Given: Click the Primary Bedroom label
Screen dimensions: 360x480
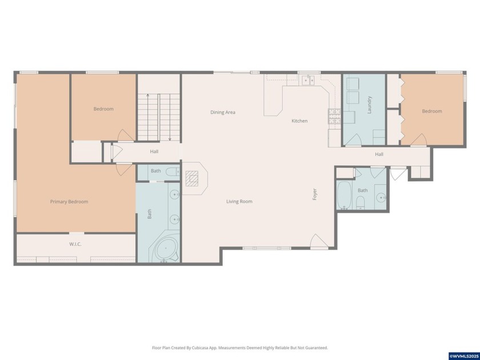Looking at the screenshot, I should pyautogui.click(x=69, y=202).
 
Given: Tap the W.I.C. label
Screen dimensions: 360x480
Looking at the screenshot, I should pyautogui.click(x=76, y=245).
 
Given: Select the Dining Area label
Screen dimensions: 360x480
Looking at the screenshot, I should pyautogui.click(x=222, y=113).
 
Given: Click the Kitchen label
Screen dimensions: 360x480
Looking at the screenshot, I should pyautogui.click(x=299, y=121).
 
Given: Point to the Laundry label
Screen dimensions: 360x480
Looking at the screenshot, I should pyautogui.click(x=370, y=105).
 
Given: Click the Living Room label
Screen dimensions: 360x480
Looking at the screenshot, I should pyautogui.click(x=239, y=202).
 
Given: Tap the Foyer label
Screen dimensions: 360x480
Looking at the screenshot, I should pyautogui.click(x=314, y=194).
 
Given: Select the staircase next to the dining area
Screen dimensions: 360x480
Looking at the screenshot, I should pyautogui.click(x=159, y=117).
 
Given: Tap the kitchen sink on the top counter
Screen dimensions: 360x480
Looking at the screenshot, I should pyautogui.click(x=308, y=81).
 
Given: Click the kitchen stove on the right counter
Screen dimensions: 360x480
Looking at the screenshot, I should pyautogui.click(x=334, y=117).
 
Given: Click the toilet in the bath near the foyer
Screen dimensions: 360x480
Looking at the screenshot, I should pyautogui.click(x=361, y=202).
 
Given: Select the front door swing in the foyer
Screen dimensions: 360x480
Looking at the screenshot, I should pyautogui.click(x=319, y=242).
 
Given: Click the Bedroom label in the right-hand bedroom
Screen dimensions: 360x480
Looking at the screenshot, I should pyautogui.click(x=431, y=111).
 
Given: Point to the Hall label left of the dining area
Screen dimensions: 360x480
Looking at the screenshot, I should pyautogui.click(x=154, y=152).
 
